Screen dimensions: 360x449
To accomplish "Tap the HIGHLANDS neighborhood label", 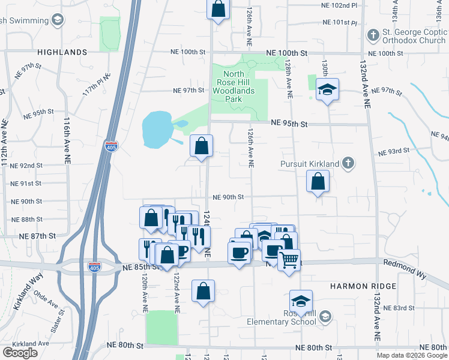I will click(x=62, y=52).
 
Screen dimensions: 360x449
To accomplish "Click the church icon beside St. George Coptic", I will click(x=373, y=35).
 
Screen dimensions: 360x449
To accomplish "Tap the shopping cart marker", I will click(x=289, y=259).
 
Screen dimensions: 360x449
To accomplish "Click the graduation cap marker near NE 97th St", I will click(x=327, y=90).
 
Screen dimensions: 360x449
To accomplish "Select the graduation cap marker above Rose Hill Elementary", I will click(x=301, y=301).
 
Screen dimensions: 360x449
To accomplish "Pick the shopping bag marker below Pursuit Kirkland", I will click(x=318, y=181).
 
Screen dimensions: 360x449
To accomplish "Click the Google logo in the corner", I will click(x=20, y=353).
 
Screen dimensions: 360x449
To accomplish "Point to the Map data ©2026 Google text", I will click(x=412, y=355).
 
